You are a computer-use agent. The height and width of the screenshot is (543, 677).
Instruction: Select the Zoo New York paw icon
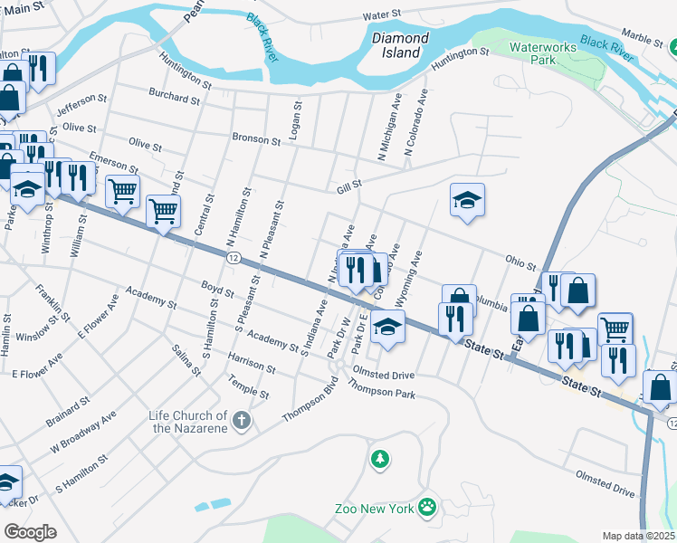click(426, 508)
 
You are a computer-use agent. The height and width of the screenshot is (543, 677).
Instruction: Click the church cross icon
click(241, 419)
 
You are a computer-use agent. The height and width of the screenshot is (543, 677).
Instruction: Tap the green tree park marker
click(380, 460)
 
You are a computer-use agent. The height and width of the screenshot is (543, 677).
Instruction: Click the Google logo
click(30, 532)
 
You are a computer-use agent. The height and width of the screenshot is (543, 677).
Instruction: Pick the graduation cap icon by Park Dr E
click(387, 327)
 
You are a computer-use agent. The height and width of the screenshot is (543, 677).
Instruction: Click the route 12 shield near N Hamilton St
click(234, 258)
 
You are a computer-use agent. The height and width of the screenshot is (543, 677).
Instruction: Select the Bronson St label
click(256, 139)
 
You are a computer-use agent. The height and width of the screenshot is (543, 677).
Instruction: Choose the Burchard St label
click(175, 98)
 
